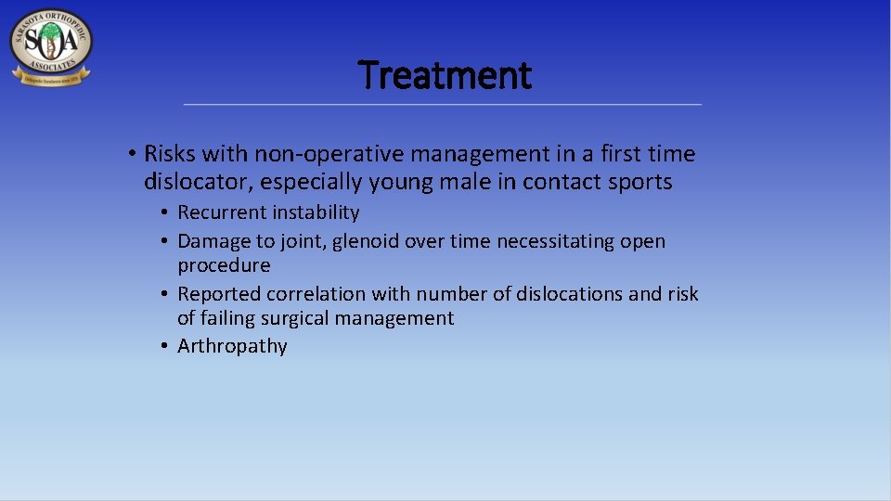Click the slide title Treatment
click(x=445, y=75)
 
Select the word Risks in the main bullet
click(x=170, y=154)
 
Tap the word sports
click(x=639, y=182)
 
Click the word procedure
click(x=224, y=265)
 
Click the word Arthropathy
click(x=232, y=347)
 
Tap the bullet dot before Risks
click(x=134, y=154)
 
